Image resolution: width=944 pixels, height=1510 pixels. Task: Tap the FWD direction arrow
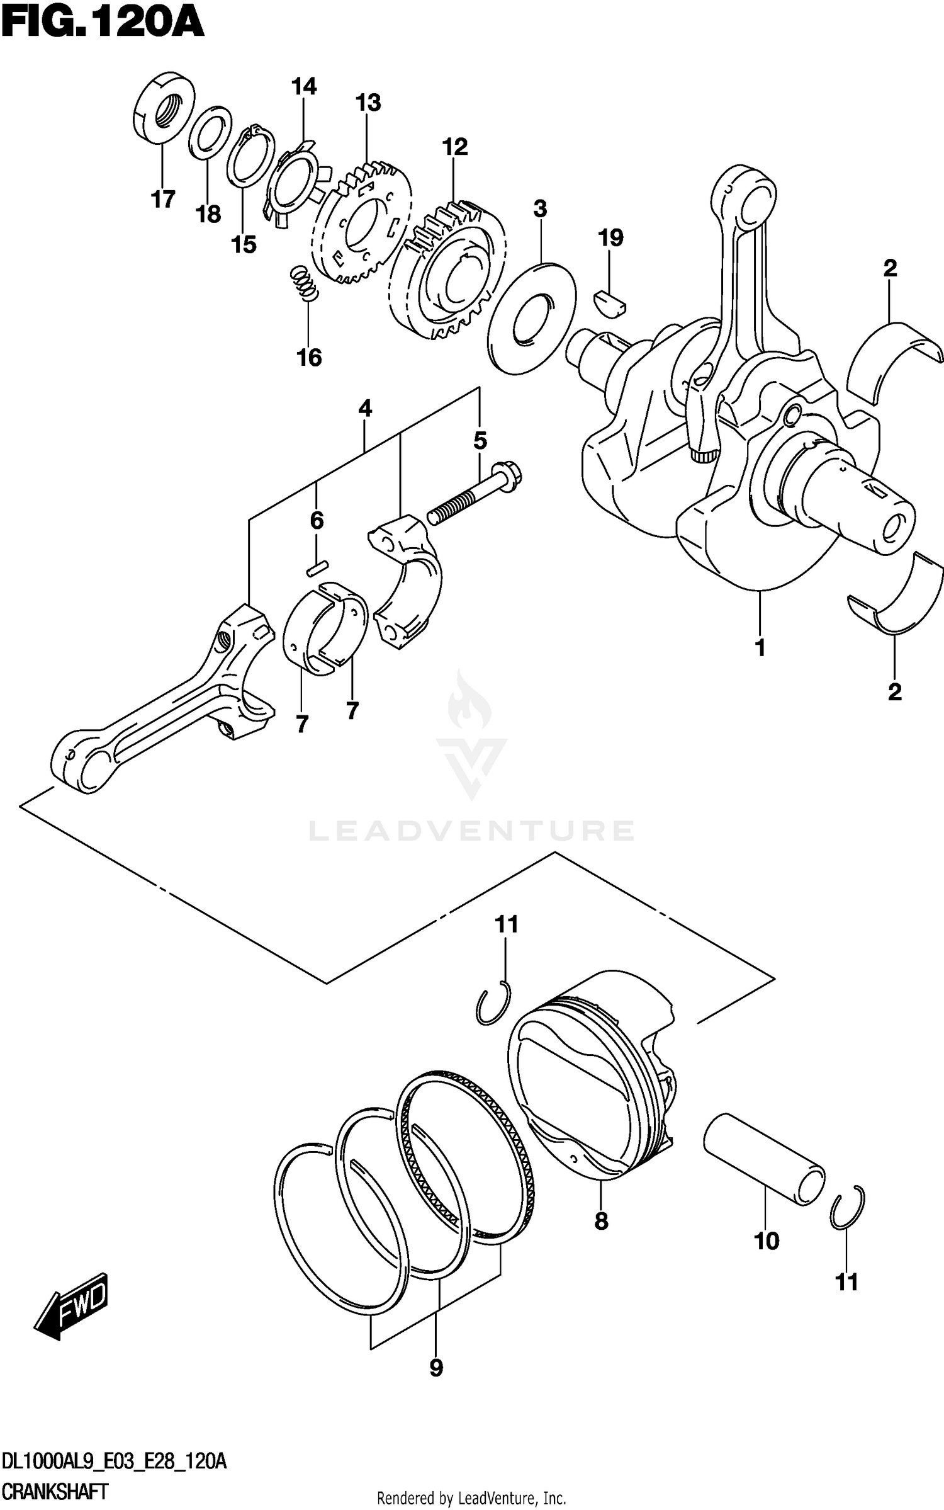[x=71, y=1307]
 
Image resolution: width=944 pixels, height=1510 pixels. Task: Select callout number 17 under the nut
[x=162, y=200]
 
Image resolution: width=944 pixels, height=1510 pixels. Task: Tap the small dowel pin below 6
[x=316, y=568]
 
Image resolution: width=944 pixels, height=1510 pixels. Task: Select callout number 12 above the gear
[x=455, y=147]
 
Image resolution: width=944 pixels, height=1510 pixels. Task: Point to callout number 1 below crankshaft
[x=760, y=647]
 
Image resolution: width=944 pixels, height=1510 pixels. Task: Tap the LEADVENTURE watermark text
[x=471, y=831]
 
